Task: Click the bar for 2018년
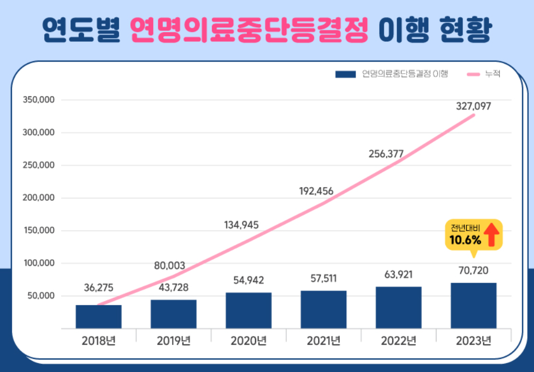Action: point(99,317)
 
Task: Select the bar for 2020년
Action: point(249,310)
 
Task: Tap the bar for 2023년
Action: point(474,306)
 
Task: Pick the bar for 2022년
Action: point(398,307)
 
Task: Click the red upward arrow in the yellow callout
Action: point(490,235)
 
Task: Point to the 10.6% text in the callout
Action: point(465,240)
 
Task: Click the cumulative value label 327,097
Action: point(474,106)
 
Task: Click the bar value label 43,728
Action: point(174,287)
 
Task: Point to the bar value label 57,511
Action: point(324,278)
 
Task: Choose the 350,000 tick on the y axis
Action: point(40,100)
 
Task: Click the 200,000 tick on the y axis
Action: point(40,198)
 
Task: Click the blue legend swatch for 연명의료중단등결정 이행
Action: point(346,74)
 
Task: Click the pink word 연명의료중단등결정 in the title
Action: point(251,31)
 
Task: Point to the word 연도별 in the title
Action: point(81,31)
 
